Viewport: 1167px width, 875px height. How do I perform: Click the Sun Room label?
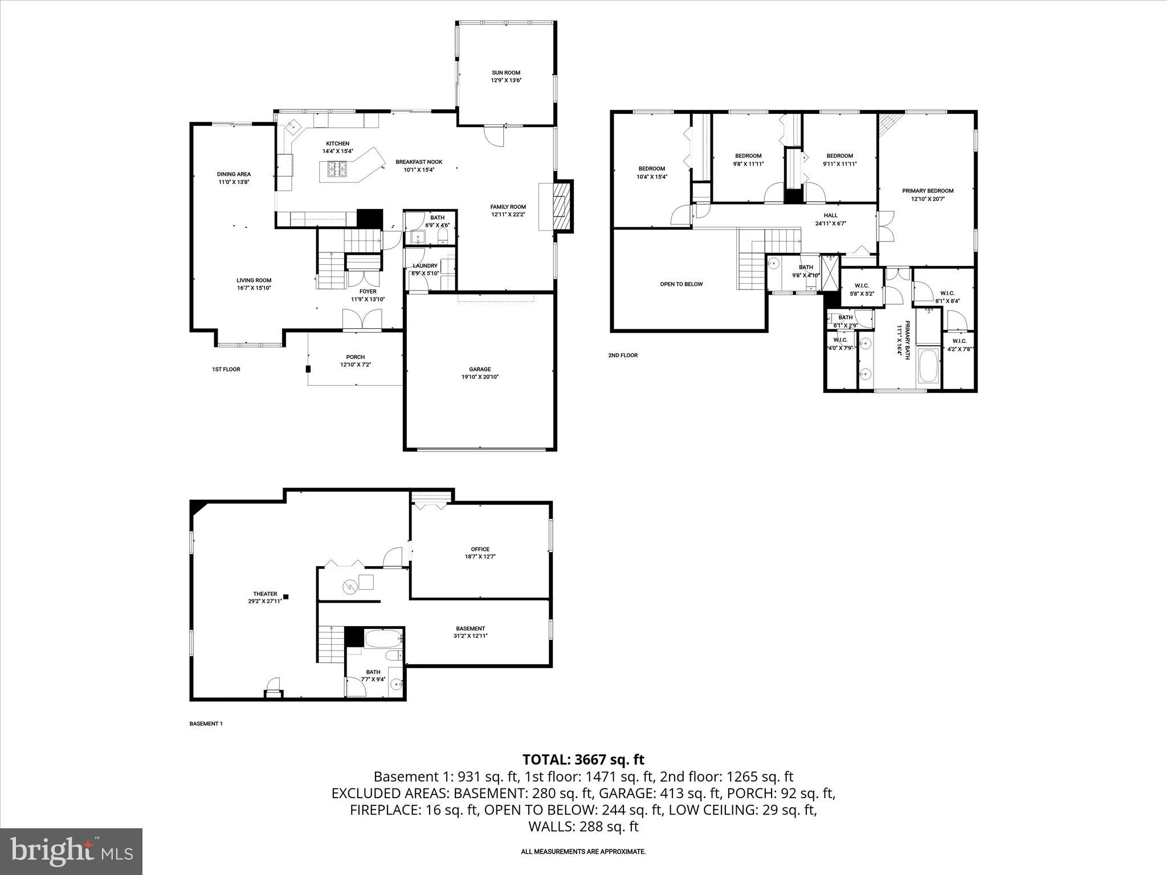click(x=506, y=73)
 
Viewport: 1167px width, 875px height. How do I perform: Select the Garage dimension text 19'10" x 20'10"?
click(x=480, y=377)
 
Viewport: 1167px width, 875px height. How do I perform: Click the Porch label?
click(x=356, y=357)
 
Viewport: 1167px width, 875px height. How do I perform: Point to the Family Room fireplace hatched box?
click(x=563, y=206)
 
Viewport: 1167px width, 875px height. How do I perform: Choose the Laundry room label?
click(x=425, y=266)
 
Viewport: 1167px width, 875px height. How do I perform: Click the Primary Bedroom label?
click(x=927, y=191)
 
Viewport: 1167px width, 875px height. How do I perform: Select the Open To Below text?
click(x=681, y=284)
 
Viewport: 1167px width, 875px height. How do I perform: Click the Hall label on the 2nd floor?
click(x=830, y=215)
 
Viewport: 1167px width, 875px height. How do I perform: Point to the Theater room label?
click(x=265, y=594)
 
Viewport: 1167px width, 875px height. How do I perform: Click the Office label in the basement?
click(x=480, y=549)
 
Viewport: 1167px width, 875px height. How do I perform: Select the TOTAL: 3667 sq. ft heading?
click(x=583, y=759)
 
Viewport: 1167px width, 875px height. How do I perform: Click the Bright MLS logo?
click(x=71, y=852)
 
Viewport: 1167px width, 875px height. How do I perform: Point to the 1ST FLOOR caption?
click(x=226, y=370)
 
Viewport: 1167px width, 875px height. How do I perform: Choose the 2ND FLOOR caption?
click(x=622, y=355)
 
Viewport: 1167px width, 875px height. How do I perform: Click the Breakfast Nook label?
click(x=419, y=162)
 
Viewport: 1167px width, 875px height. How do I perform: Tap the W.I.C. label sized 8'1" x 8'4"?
click(x=947, y=293)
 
